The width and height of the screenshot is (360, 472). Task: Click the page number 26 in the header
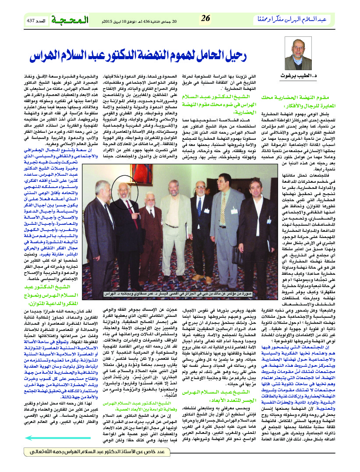pos(205,19)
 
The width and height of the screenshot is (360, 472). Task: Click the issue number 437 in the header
pos(30,20)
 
